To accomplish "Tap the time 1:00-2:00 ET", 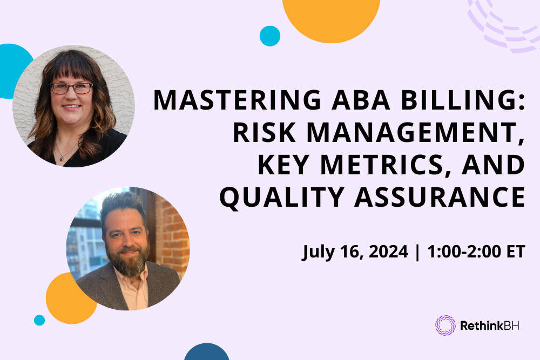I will pyautogui.click(x=476, y=252).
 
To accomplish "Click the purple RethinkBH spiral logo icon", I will pyautogui.click(x=446, y=325).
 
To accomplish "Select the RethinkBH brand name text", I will pyautogui.click(x=489, y=326).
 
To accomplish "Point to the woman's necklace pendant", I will pyautogui.click(x=61, y=158).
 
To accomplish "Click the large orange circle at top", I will pyautogui.click(x=331, y=16).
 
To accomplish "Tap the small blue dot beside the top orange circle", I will pyautogui.click(x=270, y=36).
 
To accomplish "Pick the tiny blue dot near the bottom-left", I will pyautogui.click(x=39, y=320).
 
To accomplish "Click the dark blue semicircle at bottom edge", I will pyautogui.click(x=207, y=353).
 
